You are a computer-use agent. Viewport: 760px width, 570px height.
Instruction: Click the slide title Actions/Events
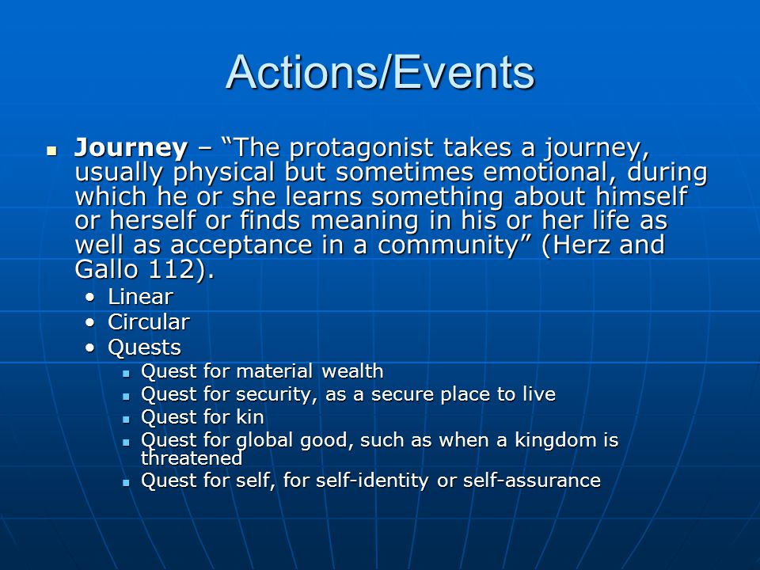coord(380,73)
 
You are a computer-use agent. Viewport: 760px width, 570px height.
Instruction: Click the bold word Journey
coord(131,148)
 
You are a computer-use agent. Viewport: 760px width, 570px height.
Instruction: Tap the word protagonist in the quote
coord(362,148)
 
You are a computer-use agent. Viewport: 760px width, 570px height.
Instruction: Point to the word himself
coord(641,196)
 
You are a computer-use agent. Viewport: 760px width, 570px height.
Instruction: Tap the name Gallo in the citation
coord(107,269)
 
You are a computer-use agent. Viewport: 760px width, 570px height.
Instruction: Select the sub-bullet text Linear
coord(141,297)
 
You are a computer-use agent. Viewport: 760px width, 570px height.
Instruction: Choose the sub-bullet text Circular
coord(149,322)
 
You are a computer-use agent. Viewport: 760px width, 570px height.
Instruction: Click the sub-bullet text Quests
coord(144,348)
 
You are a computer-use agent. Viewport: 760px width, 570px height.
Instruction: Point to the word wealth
coord(352,371)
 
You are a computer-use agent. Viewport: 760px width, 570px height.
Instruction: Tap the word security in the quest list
coord(277,394)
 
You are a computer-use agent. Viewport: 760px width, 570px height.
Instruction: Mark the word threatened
coord(192,458)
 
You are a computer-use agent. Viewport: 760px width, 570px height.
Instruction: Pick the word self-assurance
coord(532,481)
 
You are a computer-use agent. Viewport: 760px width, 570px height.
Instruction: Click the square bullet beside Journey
coord(52,150)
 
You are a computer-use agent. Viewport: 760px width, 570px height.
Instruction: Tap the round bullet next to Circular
coord(89,323)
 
